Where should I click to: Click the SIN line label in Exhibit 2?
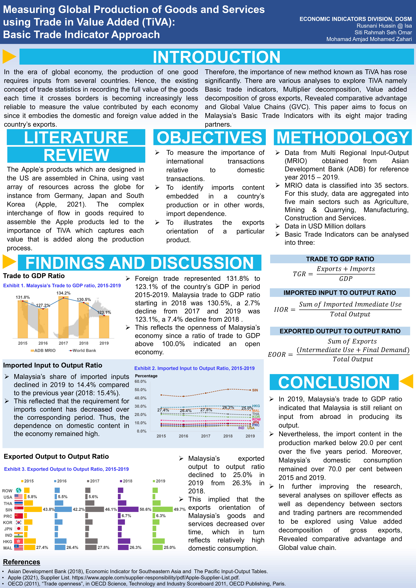click(255, 390)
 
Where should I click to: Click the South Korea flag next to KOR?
click(19, 522)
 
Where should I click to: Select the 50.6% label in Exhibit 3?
click(145, 509)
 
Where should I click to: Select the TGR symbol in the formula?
click(299, 274)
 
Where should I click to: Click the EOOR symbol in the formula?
click(277, 354)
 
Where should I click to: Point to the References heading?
click(22, 562)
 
